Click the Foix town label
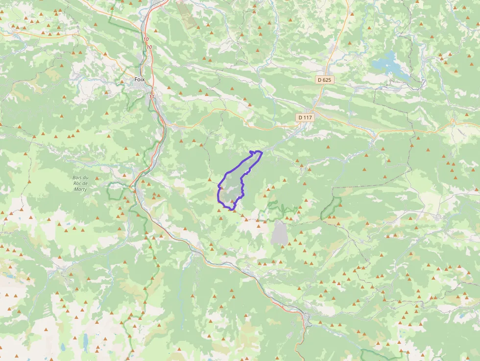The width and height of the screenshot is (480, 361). tap(140, 79)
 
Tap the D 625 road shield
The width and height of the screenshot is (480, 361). tap(324, 79)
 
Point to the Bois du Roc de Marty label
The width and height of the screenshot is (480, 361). tap(80, 183)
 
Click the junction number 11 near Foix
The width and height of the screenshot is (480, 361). tap(151, 97)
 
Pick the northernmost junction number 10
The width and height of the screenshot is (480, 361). tap(146, 39)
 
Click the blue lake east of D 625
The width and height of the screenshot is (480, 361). tap(389, 64)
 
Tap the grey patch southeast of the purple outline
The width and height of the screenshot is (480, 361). tap(279, 232)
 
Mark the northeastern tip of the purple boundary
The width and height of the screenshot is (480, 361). tap(262, 152)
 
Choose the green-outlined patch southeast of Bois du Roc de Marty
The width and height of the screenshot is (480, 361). tap(115, 191)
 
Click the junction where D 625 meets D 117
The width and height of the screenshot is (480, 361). tap(313, 111)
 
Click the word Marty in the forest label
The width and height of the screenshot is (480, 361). tap(80, 189)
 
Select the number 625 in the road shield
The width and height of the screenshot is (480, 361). tap(327, 79)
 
